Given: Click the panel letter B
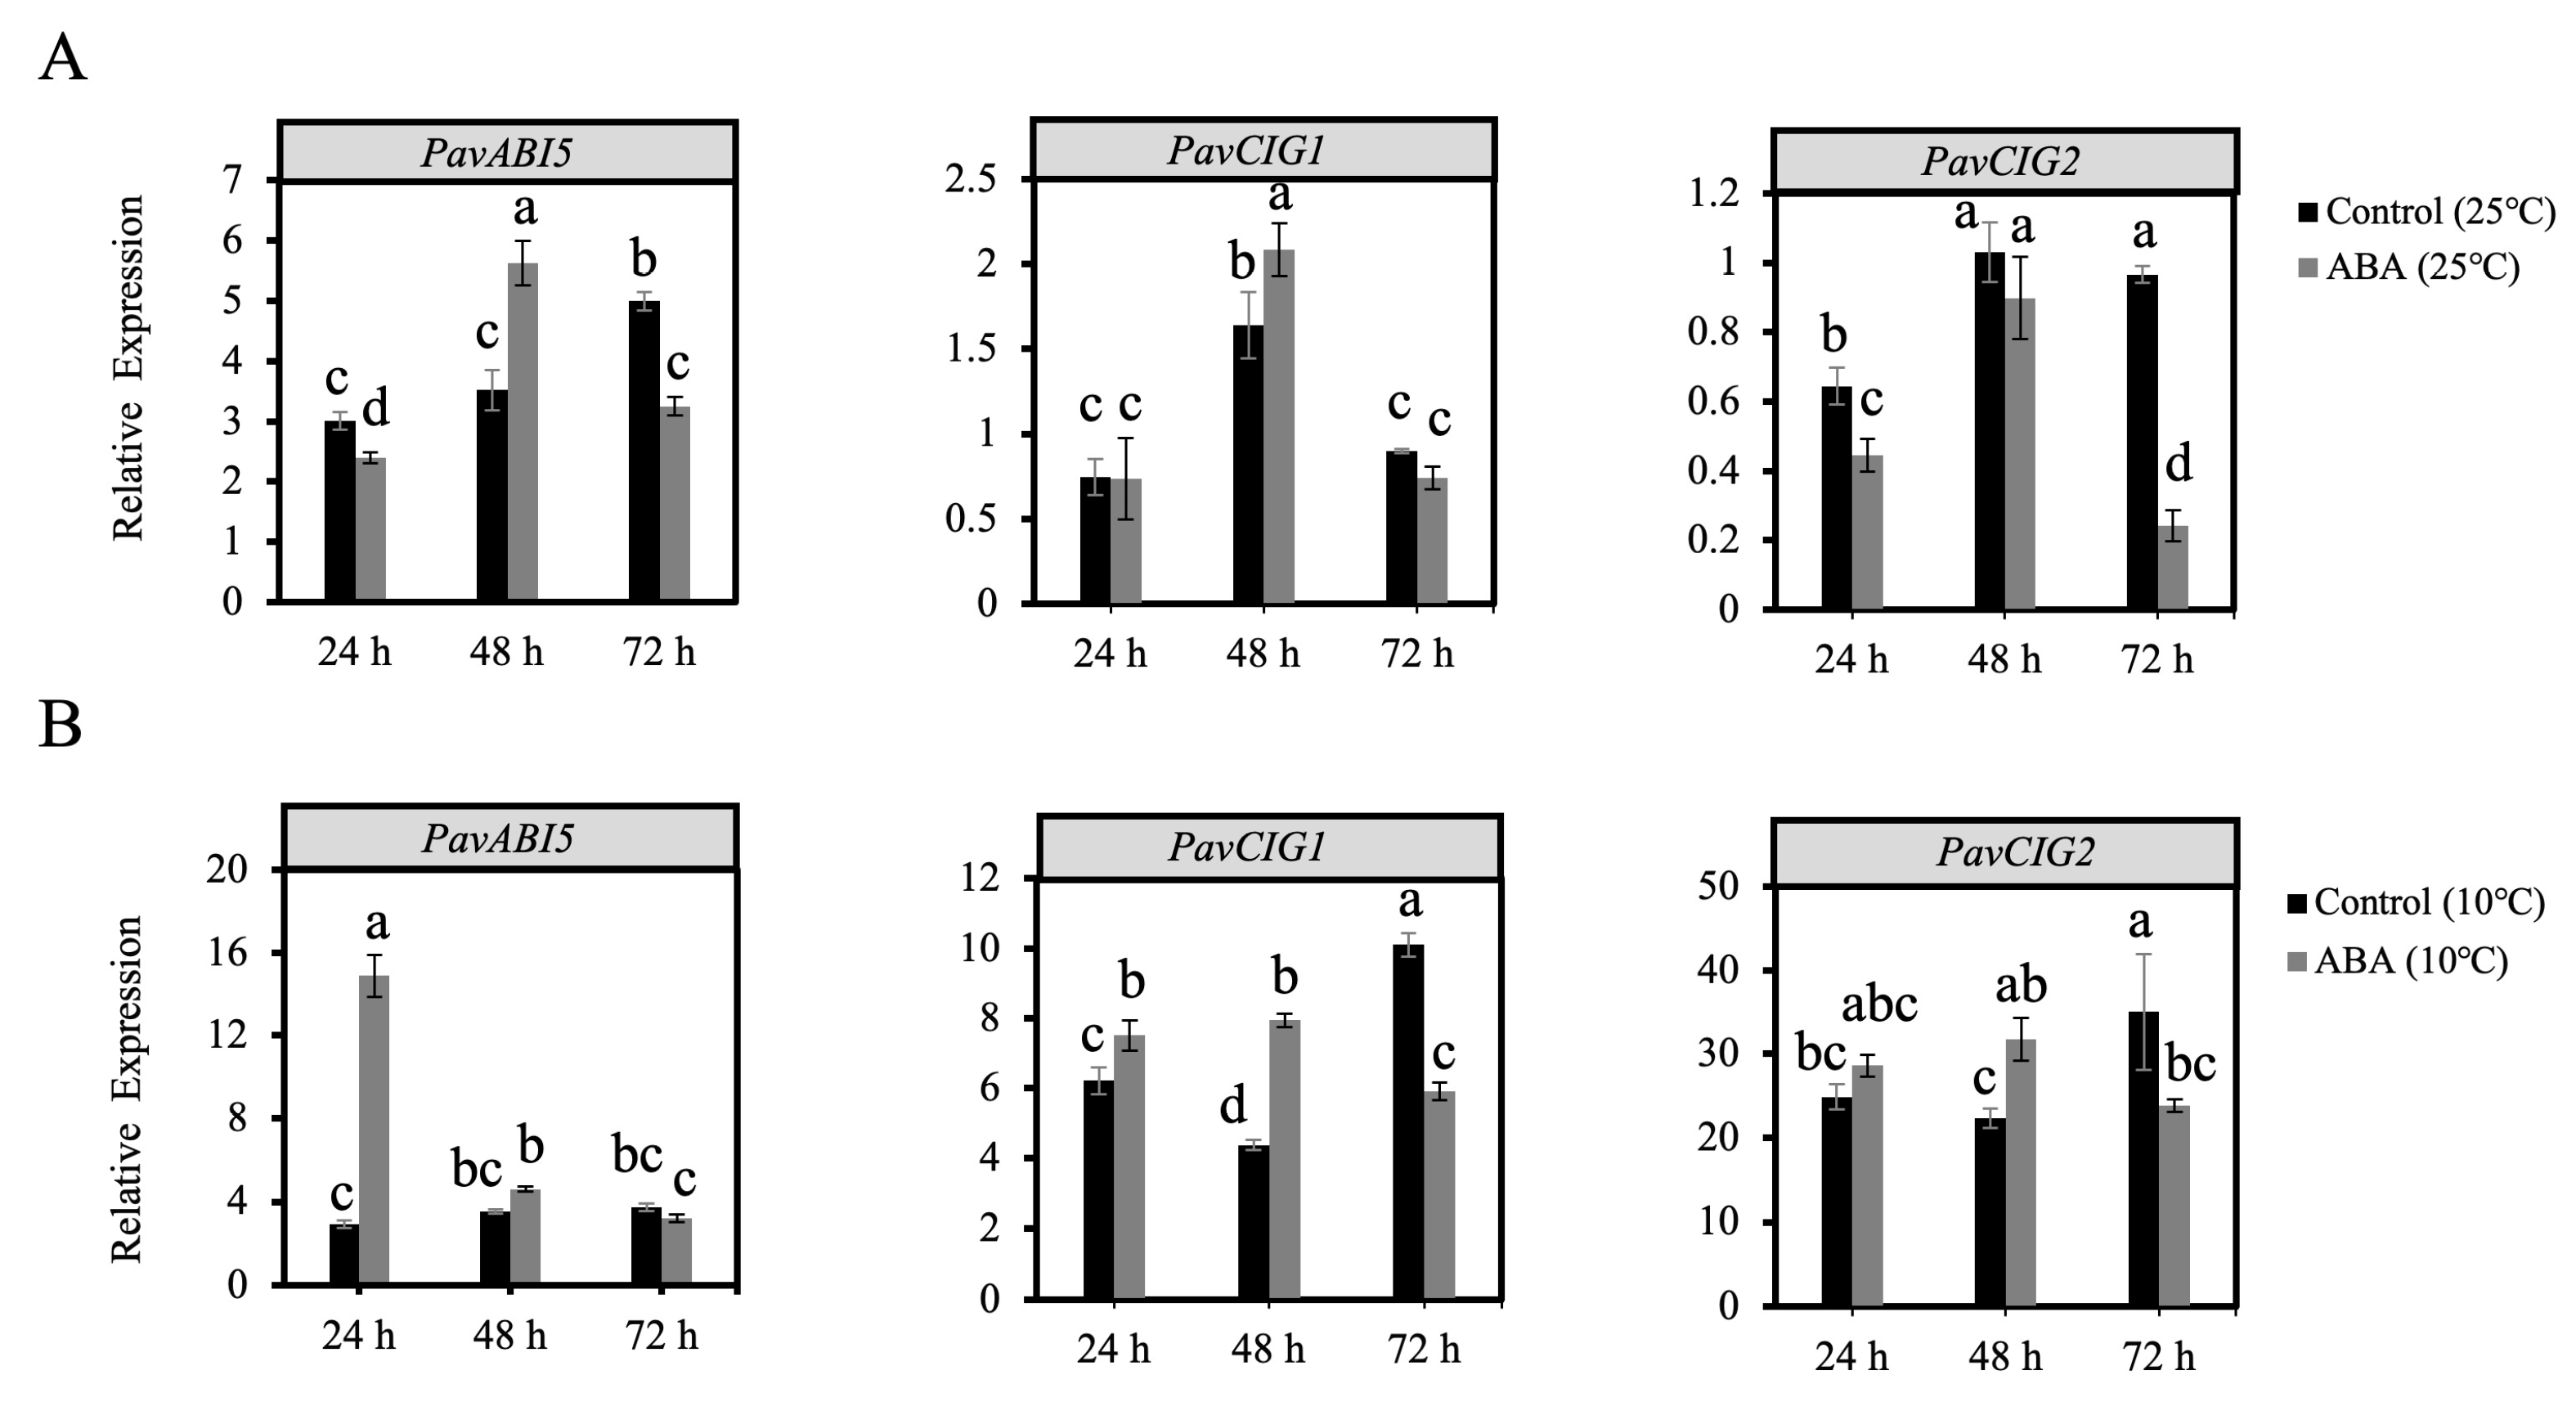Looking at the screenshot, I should click(x=60, y=724).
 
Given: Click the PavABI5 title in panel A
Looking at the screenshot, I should click(x=497, y=153).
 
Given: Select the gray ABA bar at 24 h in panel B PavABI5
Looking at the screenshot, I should click(x=374, y=1130).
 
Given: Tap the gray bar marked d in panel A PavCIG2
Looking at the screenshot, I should click(x=2172, y=566).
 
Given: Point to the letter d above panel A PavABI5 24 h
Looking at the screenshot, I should click(x=375, y=409).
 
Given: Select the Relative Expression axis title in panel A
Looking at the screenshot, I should click(x=128, y=369).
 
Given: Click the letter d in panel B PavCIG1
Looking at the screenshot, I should click(x=1233, y=1105).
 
